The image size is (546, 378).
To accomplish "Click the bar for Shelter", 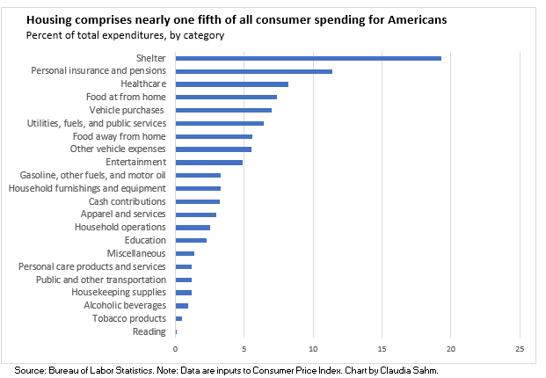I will click(x=308, y=58).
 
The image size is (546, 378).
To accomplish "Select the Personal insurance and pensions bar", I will click(x=253, y=71).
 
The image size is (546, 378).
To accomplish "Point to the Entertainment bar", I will click(x=208, y=162).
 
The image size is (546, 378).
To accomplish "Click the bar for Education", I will click(x=191, y=240).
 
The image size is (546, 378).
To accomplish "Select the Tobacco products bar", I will click(x=178, y=318).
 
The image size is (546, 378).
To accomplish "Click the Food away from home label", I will click(x=119, y=136).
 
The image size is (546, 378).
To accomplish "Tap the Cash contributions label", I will click(x=127, y=201).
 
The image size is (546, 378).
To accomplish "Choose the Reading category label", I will click(x=150, y=331).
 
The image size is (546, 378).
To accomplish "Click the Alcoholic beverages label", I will click(x=125, y=305).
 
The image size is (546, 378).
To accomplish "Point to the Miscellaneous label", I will click(x=136, y=253).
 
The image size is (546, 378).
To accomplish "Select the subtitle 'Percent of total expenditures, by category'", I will click(x=125, y=35).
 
